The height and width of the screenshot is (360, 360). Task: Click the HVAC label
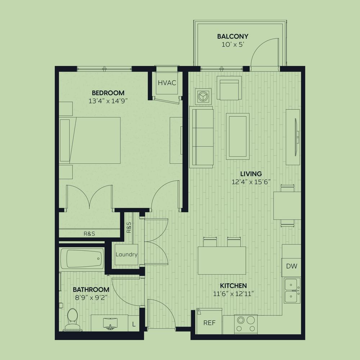pos(167,83)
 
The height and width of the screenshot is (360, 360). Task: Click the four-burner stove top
pos(246,324)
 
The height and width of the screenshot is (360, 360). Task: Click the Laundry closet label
pos(126,255)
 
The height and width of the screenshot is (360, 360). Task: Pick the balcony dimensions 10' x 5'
pos(232,45)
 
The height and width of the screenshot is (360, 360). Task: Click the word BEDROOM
pos(108,93)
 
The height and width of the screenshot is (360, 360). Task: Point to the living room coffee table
pos(238,136)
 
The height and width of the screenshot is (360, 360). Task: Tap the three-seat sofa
pos(201,137)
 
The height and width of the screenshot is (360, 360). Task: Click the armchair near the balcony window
pos(229,89)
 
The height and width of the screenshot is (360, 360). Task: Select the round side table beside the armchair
pos(203,96)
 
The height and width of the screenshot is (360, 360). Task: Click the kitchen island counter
pos(222,261)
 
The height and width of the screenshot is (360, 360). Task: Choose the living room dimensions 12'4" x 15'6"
pos(251,182)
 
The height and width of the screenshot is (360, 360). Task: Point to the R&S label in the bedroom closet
pos(89,234)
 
